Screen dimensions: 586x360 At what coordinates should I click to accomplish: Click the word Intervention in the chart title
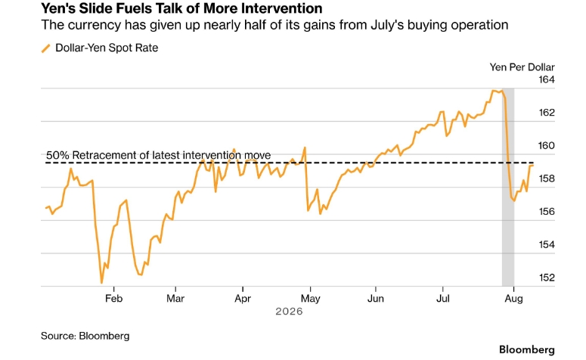[281, 8]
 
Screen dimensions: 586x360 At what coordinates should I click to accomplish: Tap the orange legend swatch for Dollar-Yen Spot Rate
[45, 48]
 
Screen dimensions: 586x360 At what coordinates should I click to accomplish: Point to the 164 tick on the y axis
[547, 79]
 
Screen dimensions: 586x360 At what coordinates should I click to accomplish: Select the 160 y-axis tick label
[547, 145]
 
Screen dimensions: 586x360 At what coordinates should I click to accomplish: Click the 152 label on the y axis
[547, 278]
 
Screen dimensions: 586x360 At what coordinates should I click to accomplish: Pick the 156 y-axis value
[547, 212]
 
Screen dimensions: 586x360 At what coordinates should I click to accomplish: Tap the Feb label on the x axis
[113, 298]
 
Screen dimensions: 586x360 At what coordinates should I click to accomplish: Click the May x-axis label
[310, 299]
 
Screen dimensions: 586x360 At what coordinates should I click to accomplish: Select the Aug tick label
[514, 299]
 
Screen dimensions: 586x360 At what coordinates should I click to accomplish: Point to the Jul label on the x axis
[443, 298]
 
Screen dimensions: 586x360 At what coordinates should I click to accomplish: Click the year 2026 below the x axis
[289, 312]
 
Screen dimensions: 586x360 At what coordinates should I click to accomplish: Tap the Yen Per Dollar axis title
[522, 67]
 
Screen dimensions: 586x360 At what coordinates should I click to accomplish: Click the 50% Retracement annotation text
[159, 155]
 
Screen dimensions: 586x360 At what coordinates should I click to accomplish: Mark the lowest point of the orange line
[101, 283]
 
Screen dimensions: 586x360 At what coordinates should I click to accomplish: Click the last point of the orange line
[532, 165]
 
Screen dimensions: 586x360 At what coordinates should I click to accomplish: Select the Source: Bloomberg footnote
[85, 336]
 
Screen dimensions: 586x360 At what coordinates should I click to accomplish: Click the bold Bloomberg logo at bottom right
[527, 349]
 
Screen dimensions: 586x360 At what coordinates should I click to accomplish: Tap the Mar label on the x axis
[175, 298]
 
